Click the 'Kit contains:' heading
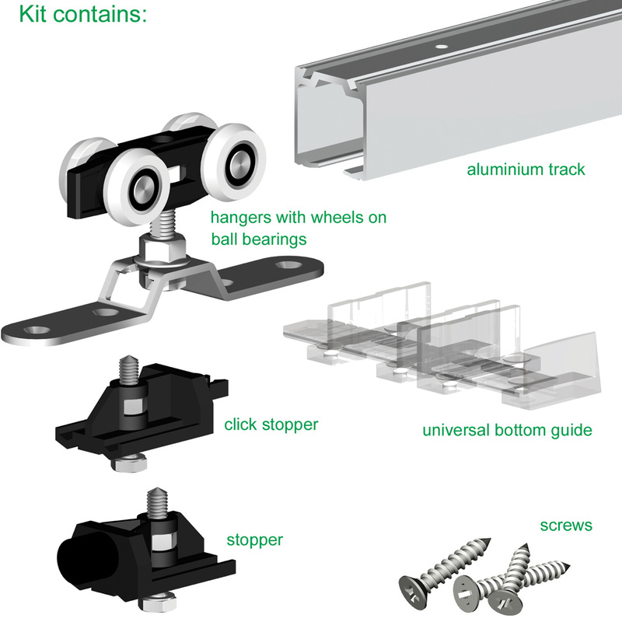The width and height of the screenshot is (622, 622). [x=82, y=16]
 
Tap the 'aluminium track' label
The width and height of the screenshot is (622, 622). [x=526, y=169]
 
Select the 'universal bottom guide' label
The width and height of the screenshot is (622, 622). [x=507, y=430]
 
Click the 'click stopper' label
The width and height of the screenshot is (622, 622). [x=271, y=425]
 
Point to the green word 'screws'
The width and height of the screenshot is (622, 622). [x=566, y=526]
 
